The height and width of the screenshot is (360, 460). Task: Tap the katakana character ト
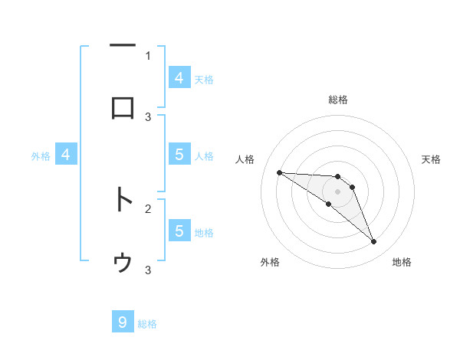pyautogui.click(x=123, y=200)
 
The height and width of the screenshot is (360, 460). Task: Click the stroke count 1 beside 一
pyautogui.click(x=148, y=55)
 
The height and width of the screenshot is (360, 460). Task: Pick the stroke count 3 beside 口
pyautogui.click(x=148, y=116)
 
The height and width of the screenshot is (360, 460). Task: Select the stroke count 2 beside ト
pyautogui.click(x=148, y=208)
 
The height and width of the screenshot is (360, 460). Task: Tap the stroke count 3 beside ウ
pyautogui.click(x=148, y=270)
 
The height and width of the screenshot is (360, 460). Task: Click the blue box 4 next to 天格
pyautogui.click(x=179, y=78)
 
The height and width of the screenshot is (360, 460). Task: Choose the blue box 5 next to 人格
pyautogui.click(x=179, y=155)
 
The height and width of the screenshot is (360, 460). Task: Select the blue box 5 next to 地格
pyautogui.click(x=179, y=231)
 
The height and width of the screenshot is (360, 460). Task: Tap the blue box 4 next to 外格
pyautogui.click(x=66, y=155)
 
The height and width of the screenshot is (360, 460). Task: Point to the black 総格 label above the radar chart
pyautogui.click(x=338, y=100)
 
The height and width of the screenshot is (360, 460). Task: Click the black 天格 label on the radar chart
pyautogui.click(x=432, y=159)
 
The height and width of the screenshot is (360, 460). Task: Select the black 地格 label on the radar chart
pyautogui.click(x=402, y=262)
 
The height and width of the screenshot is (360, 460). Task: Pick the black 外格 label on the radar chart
pyautogui.click(x=270, y=262)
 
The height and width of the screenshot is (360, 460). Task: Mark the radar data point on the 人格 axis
pyautogui.click(x=279, y=172)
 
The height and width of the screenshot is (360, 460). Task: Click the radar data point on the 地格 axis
pyautogui.click(x=374, y=242)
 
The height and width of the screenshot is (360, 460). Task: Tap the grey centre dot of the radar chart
pyautogui.click(x=338, y=191)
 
